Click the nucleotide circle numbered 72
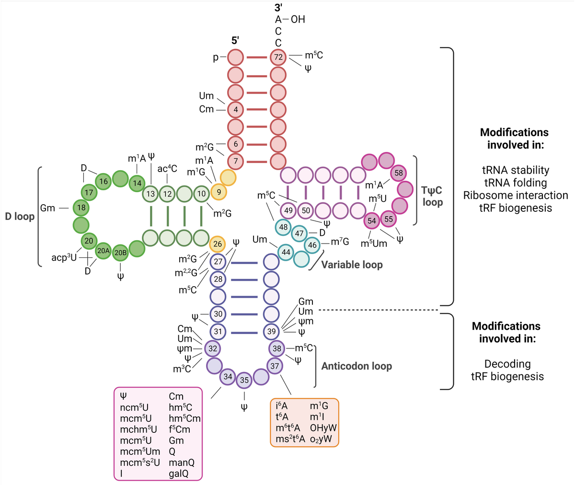tap(278, 58)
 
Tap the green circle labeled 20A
tap(104, 250)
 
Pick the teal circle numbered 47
tap(299, 233)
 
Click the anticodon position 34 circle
tap(228, 377)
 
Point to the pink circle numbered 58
tap(399, 173)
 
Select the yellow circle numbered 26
tap(218, 244)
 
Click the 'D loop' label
tap(20, 217)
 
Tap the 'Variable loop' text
tap(352, 265)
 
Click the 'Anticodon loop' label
tap(356, 366)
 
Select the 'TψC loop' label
tap(432, 197)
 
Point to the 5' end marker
tap(235, 41)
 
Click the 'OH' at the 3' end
tap(298, 19)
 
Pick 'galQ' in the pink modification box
tap(178, 474)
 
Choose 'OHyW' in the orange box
tap(323, 428)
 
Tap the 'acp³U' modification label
tap(64, 257)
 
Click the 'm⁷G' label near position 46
tap(340, 242)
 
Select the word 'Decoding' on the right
tap(507, 364)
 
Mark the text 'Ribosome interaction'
tap(516, 196)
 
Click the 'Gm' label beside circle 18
tap(47, 208)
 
